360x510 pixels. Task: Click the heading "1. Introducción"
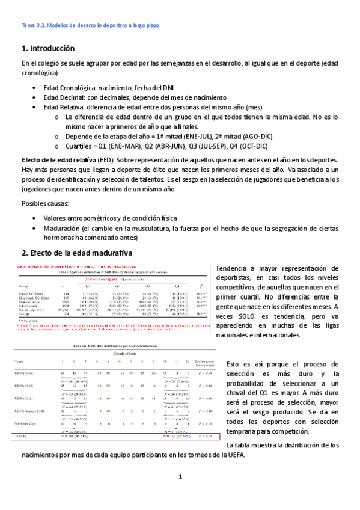[x=48, y=48]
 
